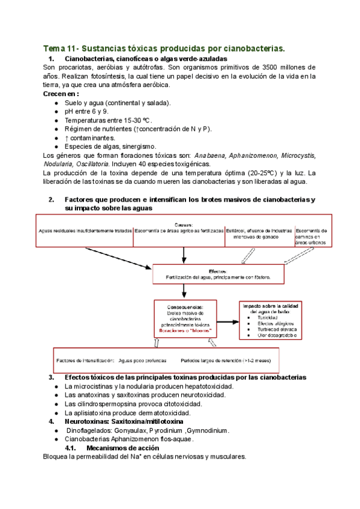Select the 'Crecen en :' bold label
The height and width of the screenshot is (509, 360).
pyautogui.click(x=61, y=94)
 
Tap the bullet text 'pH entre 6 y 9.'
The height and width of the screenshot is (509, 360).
pyautogui.click(x=86, y=112)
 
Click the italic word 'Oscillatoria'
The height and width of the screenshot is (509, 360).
pyautogui.click(x=90, y=164)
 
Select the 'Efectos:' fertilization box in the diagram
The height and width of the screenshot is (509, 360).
pyautogui.click(x=217, y=274)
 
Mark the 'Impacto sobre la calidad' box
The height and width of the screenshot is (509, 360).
pyautogui.click(x=270, y=320)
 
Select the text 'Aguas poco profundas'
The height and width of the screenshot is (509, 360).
pyautogui.click(x=142, y=360)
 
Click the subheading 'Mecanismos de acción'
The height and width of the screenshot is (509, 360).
pyautogui.click(x=122, y=448)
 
